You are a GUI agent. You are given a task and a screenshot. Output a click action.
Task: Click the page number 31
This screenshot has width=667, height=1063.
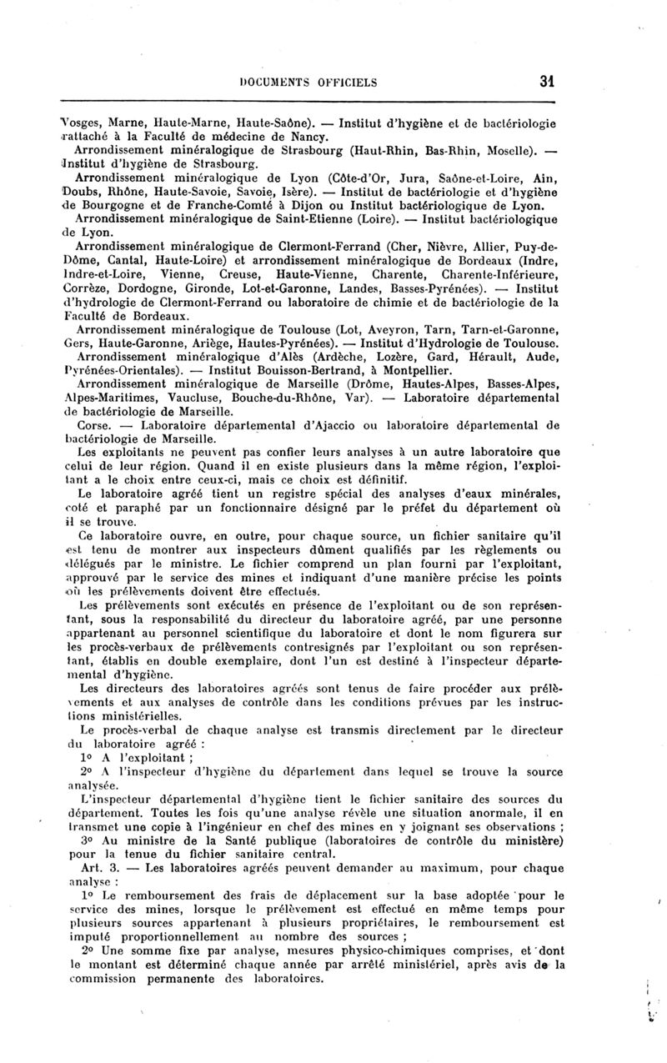[x=547, y=82]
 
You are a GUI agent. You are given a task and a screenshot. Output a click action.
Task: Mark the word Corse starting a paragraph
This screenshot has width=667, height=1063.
[x=91, y=424]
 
